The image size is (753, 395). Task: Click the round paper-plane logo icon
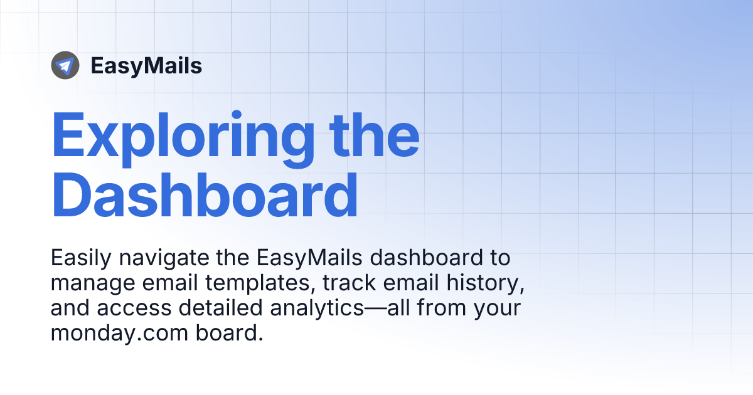click(65, 65)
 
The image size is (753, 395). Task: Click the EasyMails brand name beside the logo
click(146, 66)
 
